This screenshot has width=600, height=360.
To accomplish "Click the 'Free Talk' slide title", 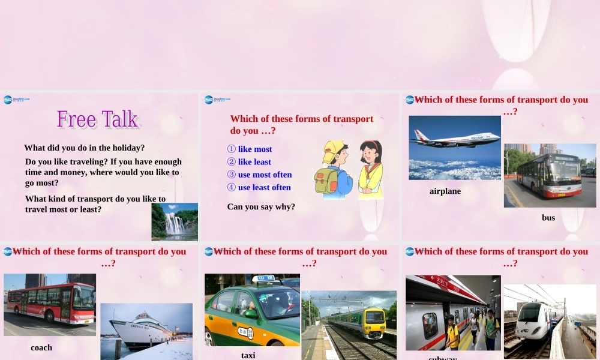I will [x=98, y=119].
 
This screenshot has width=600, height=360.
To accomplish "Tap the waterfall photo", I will [x=175, y=221].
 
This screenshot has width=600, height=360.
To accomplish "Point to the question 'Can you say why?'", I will [x=261, y=207].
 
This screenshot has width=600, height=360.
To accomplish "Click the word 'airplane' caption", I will [x=445, y=191].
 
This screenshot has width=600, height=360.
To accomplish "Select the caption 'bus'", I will [x=548, y=218].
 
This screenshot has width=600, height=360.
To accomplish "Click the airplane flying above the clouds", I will [x=454, y=140].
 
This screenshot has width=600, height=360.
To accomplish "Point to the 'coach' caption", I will [x=41, y=347].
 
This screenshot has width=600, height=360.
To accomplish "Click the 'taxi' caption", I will [x=248, y=355].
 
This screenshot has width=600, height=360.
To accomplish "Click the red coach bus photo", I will [x=50, y=303].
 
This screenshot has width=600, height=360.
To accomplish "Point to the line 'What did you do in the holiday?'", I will [x=85, y=148].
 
